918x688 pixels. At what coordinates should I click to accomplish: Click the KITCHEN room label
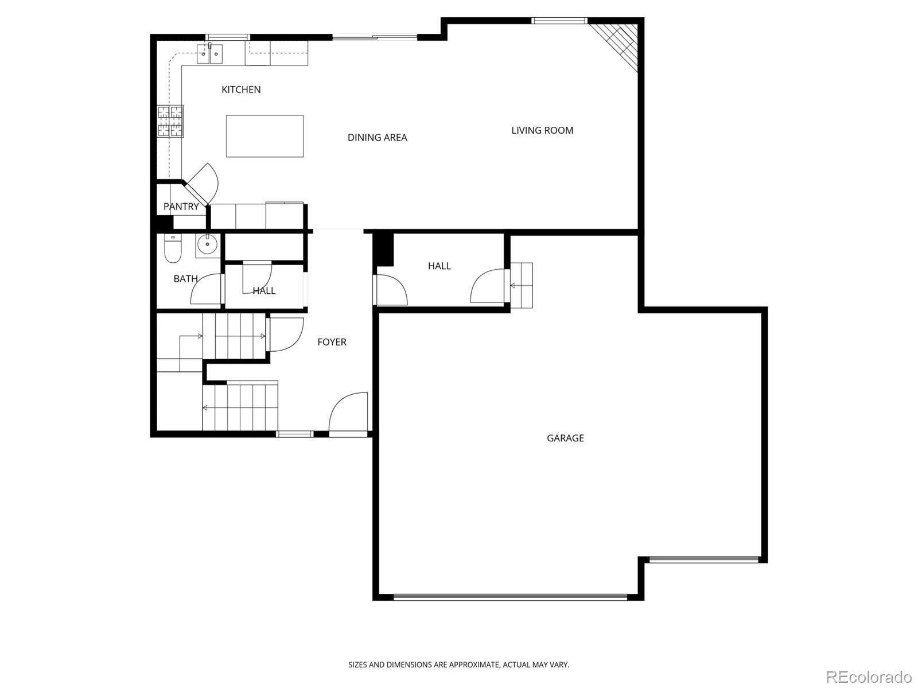pos(241,90)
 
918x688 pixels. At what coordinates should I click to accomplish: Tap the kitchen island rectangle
pos(264,136)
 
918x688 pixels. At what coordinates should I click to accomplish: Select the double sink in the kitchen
pos(209,55)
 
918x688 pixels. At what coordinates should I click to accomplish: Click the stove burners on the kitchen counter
pos(170,121)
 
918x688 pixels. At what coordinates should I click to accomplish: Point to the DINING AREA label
pos(377,138)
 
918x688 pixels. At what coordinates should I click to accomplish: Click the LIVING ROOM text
pos(542,131)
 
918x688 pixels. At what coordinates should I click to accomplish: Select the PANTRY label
pos(181,207)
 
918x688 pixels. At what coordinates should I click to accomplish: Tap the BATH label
pos(185,279)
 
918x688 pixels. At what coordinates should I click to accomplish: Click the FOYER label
pos(332,342)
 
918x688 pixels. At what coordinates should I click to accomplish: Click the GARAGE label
pos(565,438)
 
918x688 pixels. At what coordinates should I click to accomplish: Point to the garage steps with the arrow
pos(522,285)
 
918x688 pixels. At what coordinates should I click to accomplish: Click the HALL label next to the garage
pos(439,266)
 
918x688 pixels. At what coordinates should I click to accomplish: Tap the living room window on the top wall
pos(559,21)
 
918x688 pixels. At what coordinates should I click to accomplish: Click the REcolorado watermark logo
pos(868,677)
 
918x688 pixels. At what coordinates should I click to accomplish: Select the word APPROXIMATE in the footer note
pos(474,665)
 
